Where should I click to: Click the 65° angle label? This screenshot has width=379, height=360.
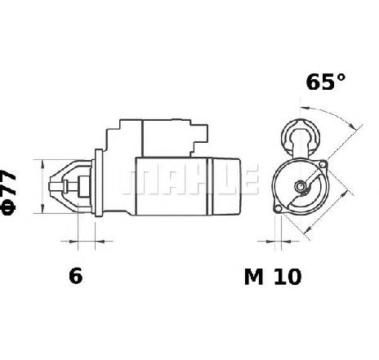coord(325,82)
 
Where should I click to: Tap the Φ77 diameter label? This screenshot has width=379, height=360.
coord(8,193)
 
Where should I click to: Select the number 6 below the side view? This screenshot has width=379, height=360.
coord(75,276)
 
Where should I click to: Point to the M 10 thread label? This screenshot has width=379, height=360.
coord(273,277)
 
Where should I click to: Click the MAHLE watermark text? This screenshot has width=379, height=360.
coord(190,179)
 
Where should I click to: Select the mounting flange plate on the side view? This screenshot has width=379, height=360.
coord(98,183)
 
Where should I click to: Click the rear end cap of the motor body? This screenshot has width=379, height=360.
coord(225,186)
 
